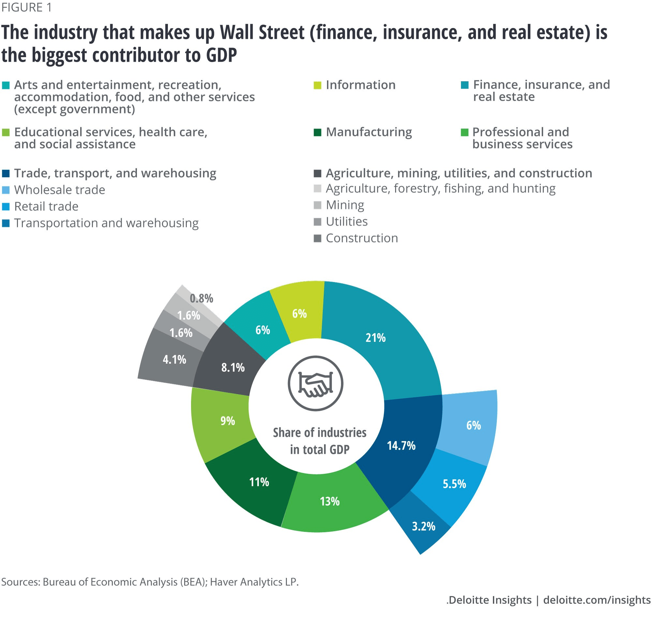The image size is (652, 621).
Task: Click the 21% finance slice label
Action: click(375, 338)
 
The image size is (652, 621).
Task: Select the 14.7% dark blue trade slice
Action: click(401, 445)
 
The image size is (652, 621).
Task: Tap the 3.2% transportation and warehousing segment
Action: click(423, 526)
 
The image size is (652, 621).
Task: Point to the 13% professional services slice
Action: click(330, 502)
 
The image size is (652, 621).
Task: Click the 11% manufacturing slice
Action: click(259, 482)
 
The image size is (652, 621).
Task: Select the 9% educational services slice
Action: click(228, 421)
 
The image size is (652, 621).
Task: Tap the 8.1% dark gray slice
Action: click(233, 367)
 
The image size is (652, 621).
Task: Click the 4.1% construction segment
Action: click(174, 360)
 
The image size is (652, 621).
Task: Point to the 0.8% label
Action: click(201, 299)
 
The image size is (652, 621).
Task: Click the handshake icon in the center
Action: click(316, 383)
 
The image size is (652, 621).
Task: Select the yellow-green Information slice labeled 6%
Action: click(299, 314)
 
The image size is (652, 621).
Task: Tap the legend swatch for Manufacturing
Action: click(317, 132)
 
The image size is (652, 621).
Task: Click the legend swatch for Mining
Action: click(317, 205)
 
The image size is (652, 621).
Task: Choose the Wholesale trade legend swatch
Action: click(6, 190)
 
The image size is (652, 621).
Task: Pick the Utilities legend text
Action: click(347, 222)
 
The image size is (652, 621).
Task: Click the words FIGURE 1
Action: click(26, 7)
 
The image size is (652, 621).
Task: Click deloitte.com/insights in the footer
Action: click(597, 600)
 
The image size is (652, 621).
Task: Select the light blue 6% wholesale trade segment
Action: click(473, 425)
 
